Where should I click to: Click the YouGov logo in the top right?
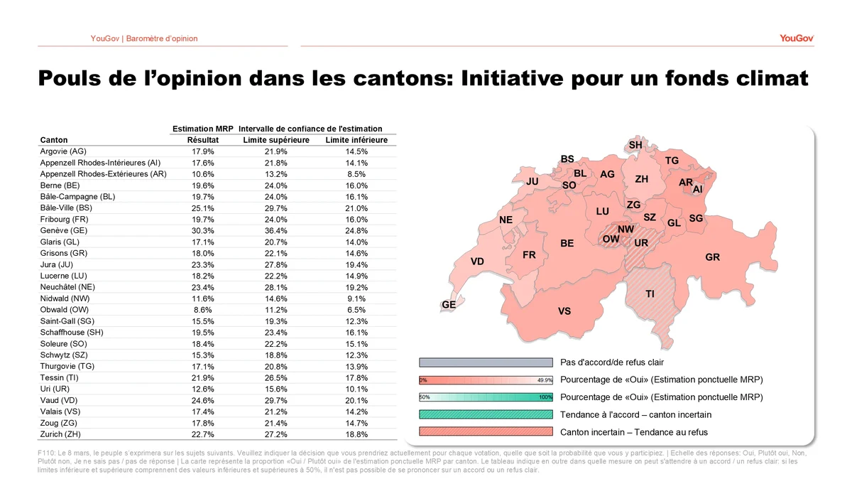click(797, 38)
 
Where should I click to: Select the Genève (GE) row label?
click(64, 231)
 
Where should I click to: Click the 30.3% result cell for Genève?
click(203, 231)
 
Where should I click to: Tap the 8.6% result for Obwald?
click(203, 310)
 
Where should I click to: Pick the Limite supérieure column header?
click(276, 140)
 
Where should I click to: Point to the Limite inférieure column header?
click(356, 140)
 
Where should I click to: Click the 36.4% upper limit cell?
click(276, 231)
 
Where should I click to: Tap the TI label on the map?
click(650, 294)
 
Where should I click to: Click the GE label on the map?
click(449, 304)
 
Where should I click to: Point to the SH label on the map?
click(635, 145)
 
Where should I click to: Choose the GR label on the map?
click(712, 257)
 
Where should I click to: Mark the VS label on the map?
click(564, 311)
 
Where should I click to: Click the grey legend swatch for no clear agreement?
click(486, 362)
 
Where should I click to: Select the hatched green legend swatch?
click(486, 414)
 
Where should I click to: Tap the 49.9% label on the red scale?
click(545, 380)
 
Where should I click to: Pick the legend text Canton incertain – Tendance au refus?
click(634, 432)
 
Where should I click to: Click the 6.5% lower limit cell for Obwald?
click(356, 310)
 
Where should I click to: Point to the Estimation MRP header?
click(203, 129)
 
